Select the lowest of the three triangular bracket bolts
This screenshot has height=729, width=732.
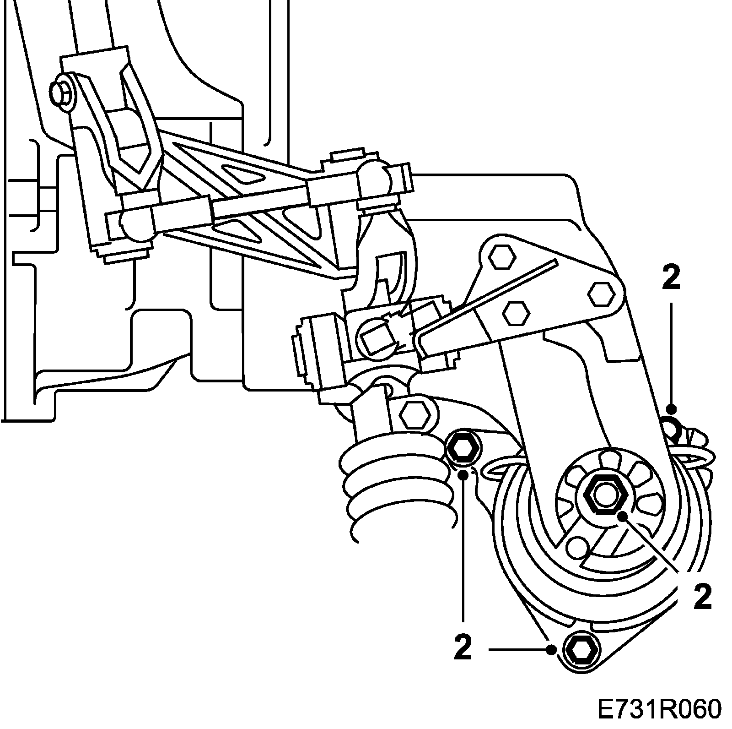tap(516, 314)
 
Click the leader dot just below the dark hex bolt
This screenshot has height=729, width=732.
tap(464, 473)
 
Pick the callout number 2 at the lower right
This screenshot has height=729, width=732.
tap(703, 597)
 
